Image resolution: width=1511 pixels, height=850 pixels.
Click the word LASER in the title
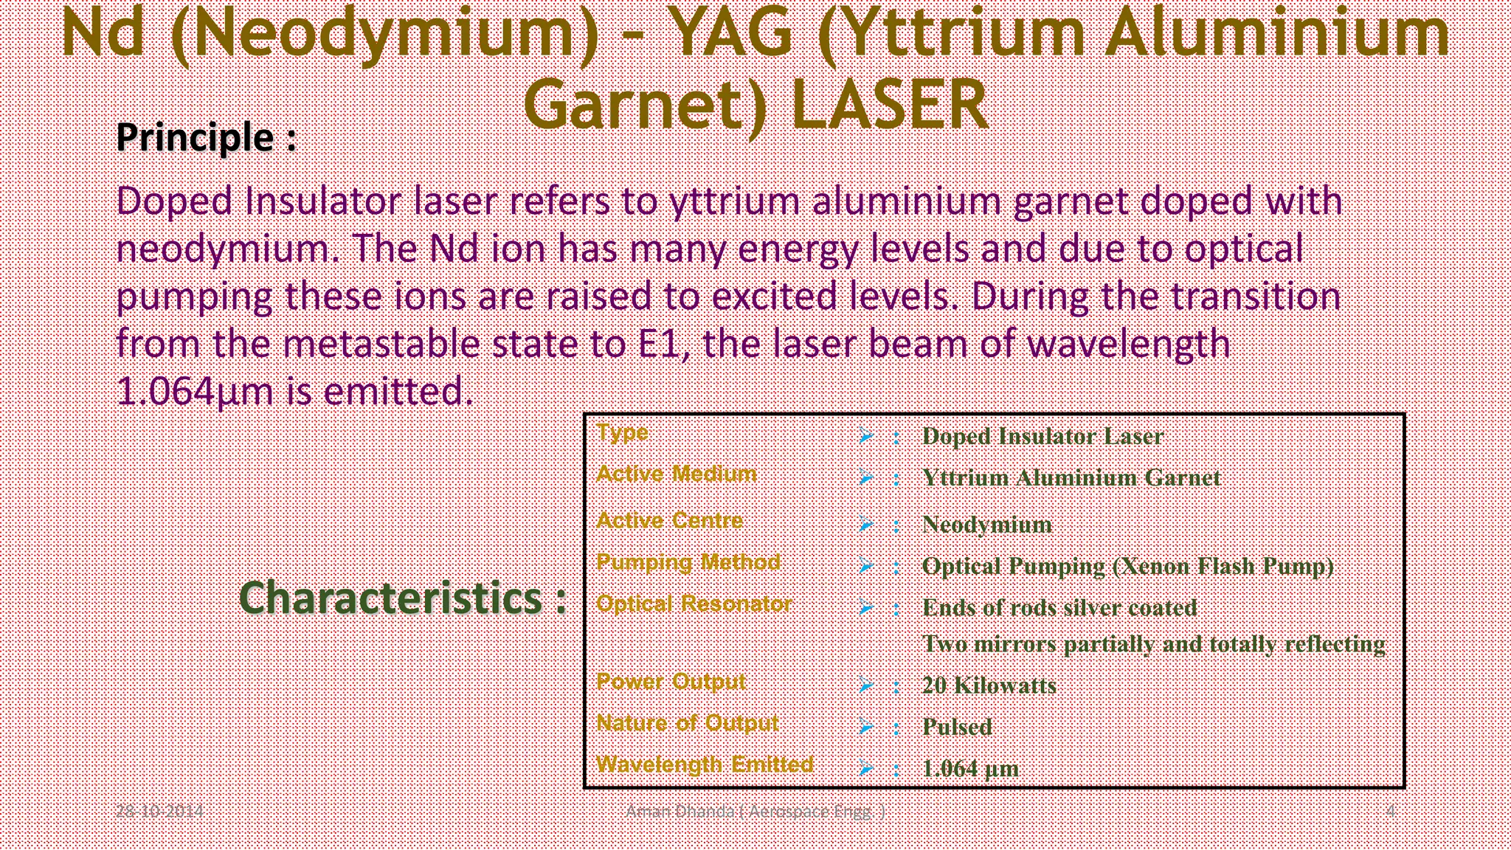(889, 105)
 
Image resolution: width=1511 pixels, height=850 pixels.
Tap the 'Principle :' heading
(207, 137)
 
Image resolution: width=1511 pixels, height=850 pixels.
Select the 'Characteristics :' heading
(403, 598)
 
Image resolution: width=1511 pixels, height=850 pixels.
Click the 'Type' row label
(622, 432)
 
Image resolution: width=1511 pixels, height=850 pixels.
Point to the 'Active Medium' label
(677, 474)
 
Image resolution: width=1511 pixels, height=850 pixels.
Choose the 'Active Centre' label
(669, 520)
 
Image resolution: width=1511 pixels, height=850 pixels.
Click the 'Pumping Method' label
(688, 562)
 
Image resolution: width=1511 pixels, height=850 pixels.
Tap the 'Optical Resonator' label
(694, 604)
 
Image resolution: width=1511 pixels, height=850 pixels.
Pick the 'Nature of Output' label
(687, 723)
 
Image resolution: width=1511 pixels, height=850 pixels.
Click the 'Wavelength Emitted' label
(705, 764)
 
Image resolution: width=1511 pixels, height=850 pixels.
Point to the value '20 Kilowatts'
(989, 685)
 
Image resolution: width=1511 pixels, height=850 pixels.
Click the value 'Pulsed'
(957, 727)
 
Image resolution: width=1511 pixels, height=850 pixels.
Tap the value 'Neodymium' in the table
(987, 525)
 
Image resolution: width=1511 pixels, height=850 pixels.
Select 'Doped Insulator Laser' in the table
(1043, 436)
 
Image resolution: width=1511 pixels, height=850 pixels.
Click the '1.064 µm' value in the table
(970, 769)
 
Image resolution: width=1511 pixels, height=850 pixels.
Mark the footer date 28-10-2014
(159, 812)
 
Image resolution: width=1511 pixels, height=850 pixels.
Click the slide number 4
(1391, 812)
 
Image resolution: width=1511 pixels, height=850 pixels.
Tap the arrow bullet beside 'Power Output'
(865, 685)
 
